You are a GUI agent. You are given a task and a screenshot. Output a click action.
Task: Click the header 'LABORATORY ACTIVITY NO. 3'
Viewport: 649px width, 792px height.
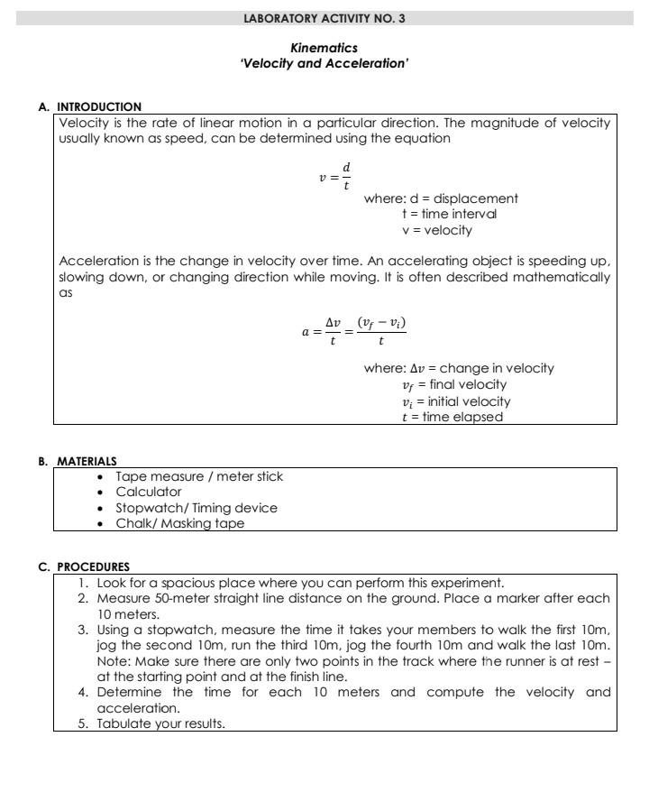pos(324,18)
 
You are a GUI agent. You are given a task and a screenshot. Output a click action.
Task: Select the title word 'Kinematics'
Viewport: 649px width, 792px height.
pos(324,48)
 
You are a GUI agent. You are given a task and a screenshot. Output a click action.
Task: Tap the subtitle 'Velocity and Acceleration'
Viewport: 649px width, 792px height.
pos(324,63)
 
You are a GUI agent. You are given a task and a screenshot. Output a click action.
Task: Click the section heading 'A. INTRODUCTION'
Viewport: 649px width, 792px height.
pos(90,106)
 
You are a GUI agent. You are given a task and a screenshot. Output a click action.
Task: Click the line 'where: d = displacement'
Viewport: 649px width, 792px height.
pos(441,198)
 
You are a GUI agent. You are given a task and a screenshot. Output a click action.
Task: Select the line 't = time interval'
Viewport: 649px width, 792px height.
pos(449,214)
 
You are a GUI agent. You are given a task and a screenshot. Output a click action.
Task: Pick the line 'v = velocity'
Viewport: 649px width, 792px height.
pos(436,230)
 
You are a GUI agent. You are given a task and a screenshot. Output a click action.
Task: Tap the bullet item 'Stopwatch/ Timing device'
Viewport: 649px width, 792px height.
pos(196,508)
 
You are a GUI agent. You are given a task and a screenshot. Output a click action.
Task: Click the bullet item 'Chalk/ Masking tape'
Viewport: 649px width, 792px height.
pos(179,523)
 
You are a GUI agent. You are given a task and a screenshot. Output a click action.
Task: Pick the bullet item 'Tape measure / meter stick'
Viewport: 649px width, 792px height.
pos(205,476)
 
